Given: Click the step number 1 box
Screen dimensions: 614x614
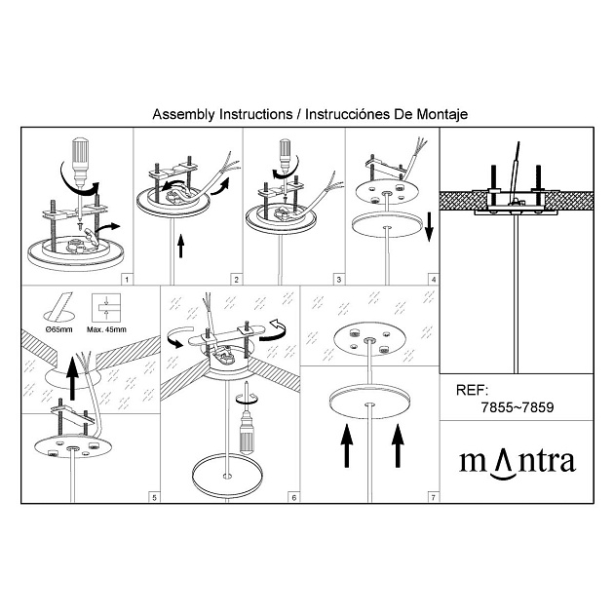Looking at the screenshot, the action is pyautogui.click(x=127, y=280).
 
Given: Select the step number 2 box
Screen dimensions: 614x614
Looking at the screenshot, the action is pyautogui.click(x=236, y=280).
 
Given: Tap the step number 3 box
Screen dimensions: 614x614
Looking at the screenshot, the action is pyautogui.click(x=339, y=280).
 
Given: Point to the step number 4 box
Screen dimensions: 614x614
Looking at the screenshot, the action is pyautogui.click(x=433, y=280).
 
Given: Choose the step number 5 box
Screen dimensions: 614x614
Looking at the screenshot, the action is pyautogui.click(x=154, y=497).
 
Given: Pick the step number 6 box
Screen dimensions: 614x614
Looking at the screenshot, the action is pyautogui.click(x=294, y=497).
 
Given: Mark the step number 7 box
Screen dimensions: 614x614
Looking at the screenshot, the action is pyautogui.click(x=433, y=497).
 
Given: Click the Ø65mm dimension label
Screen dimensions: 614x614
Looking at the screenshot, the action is pyautogui.click(x=59, y=329).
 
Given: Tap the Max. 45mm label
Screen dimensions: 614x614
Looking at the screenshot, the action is pyautogui.click(x=106, y=329).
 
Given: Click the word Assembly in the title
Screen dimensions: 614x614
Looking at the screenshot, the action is pyautogui.click(x=183, y=115).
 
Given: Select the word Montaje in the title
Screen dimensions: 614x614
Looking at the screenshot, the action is pyautogui.click(x=442, y=114).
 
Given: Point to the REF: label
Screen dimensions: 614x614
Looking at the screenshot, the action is pyautogui.click(x=473, y=390).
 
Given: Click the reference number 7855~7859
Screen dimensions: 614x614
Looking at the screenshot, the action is pyautogui.click(x=518, y=407).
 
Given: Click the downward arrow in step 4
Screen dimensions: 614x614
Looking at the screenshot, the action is pyautogui.click(x=429, y=227).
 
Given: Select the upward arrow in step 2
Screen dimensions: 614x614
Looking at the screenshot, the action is pyautogui.click(x=181, y=246).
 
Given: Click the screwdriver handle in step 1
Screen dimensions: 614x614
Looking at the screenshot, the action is pyautogui.click(x=81, y=152).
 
